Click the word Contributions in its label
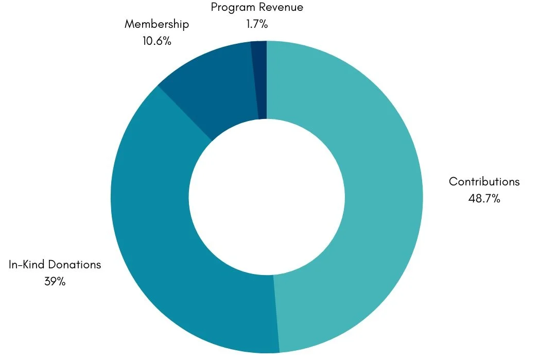click(x=484, y=181)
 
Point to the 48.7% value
click(x=484, y=199)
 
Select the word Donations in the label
click(x=74, y=265)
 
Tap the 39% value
click(x=55, y=282)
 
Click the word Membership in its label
click(x=157, y=24)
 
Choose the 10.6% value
click(x=157, y=41)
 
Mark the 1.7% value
click(x=257, y=24)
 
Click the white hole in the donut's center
click(x=267, y=197)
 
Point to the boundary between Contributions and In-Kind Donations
click(x=276, y=314)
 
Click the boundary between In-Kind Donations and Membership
click(x=185, y=113)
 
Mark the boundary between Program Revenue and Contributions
click(x=267, y=80)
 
